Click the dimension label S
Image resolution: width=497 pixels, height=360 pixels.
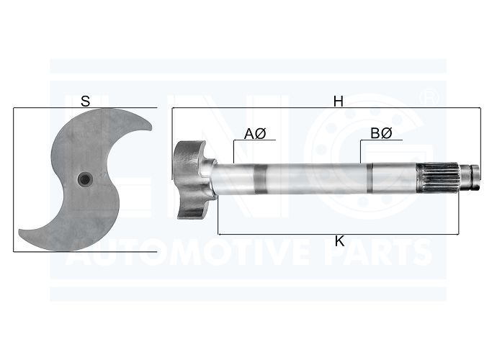coord(85,101)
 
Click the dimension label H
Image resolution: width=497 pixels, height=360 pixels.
coord(339,102)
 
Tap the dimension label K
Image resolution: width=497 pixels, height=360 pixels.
coord(339,241)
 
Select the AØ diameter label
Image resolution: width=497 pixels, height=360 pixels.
coord(255,133)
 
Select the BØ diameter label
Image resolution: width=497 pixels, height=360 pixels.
coord(381,133)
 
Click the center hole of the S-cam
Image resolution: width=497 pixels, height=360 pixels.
coord(85,180)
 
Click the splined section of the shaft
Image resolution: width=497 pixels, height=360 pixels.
coord(438,179)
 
